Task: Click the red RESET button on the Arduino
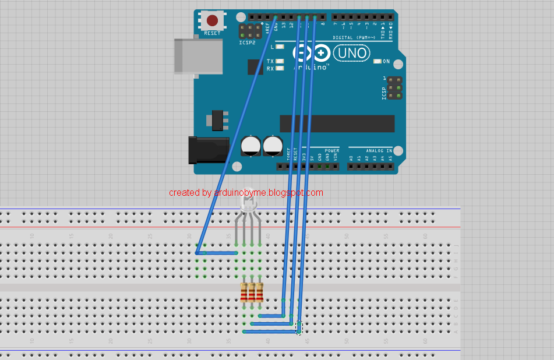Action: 212,21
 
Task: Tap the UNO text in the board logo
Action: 352,54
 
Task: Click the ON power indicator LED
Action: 377,61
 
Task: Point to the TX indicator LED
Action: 280,61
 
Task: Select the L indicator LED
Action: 280,47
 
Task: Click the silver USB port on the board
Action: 199,56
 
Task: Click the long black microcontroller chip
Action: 337,123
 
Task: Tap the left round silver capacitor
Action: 250,146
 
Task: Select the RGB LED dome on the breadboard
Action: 248,203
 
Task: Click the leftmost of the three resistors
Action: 245,292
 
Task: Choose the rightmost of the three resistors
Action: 259,292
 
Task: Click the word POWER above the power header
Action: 331,150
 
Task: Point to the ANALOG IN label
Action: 379,150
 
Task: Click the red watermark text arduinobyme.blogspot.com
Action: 246,193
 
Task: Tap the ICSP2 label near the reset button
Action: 247,43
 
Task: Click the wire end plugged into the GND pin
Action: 276,17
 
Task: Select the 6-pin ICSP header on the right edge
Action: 395,87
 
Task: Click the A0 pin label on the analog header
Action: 351,158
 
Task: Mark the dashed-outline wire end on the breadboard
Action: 299,327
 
